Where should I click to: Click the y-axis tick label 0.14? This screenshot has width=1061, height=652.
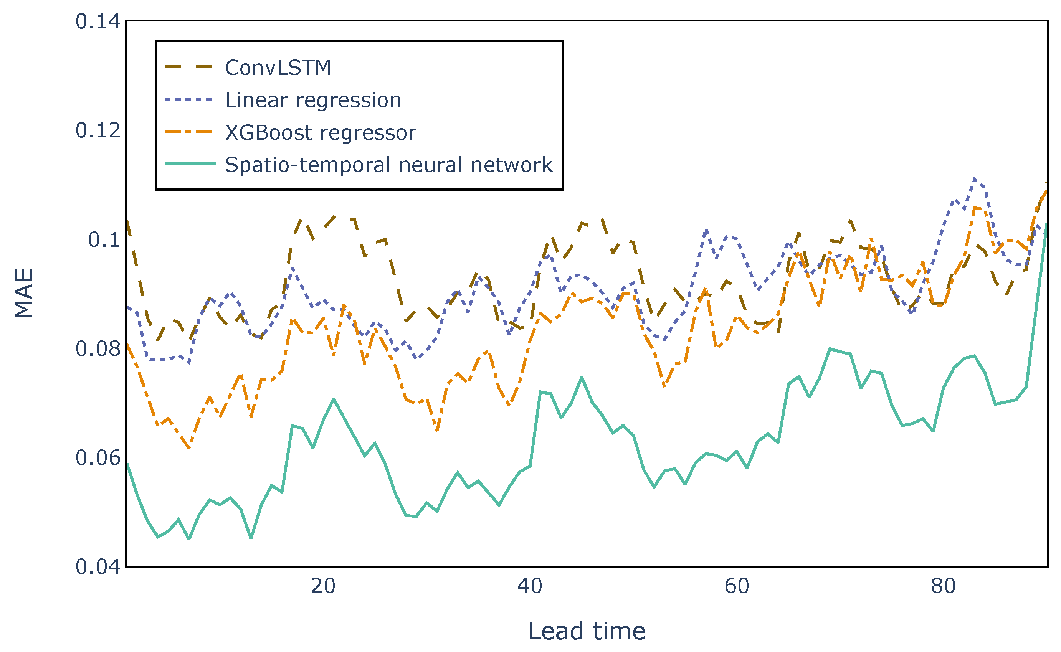pos(98,22)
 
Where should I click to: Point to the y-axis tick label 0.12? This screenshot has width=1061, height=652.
pos(98,130)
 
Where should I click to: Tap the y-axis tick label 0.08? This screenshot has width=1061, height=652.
pos(98,349)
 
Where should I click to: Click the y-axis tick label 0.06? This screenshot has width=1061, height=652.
pos(98,457)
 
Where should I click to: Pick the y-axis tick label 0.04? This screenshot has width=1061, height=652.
pos(98,567)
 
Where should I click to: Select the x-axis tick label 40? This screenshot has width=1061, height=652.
pos(530,586)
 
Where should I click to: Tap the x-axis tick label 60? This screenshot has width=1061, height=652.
pos(737,586)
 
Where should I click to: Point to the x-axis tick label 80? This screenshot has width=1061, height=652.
pos(943,586)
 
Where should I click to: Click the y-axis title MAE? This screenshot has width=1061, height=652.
pos(24,294)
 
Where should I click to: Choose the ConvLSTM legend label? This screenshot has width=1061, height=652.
pos(278,68)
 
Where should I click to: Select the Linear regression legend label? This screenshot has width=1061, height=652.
pos(313,100)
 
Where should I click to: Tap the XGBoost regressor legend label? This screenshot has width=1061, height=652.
pos(321,132)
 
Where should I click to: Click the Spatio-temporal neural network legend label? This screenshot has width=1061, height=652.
pos(388,165)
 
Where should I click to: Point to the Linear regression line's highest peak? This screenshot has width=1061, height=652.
pos(974,178)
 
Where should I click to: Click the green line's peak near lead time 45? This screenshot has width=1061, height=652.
pos(582,378)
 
